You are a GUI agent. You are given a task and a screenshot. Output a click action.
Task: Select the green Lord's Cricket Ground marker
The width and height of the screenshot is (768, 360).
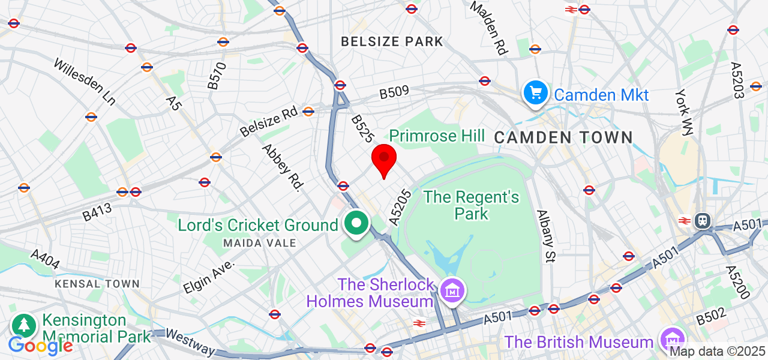coord(357,224)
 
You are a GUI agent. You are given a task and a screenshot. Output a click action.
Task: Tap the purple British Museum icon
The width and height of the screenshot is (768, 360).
coord(671,340)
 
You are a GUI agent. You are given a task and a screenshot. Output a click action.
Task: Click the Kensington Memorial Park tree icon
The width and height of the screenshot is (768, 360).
coord(25,326)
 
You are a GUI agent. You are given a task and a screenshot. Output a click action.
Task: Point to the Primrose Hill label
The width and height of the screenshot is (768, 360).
coord(437,136)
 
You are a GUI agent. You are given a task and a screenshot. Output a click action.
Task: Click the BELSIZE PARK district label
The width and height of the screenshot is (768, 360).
coord(392,41)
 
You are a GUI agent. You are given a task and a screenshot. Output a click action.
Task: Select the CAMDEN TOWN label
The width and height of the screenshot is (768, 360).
coord(563,137)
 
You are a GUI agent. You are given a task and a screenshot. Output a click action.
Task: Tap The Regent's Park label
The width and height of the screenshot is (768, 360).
coord(471,205)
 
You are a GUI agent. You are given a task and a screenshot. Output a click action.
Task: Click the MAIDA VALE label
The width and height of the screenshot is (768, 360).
coord(260,243)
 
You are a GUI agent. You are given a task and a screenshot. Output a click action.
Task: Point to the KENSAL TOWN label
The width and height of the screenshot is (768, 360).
coord(97,284)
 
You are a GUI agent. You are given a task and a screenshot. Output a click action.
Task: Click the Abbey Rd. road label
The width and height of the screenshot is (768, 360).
coord(281,167)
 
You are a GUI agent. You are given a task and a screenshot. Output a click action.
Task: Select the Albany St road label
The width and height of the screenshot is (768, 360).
coord(547,236)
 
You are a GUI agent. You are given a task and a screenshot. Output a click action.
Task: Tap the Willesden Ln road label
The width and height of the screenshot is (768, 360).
coord(84,81)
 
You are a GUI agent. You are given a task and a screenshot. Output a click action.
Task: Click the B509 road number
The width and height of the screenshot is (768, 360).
coord(394,92)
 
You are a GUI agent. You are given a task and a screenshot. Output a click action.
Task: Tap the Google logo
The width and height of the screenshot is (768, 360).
coord(40,346)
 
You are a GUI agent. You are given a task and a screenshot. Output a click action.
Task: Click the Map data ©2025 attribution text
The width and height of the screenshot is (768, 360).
coord(718,352)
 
